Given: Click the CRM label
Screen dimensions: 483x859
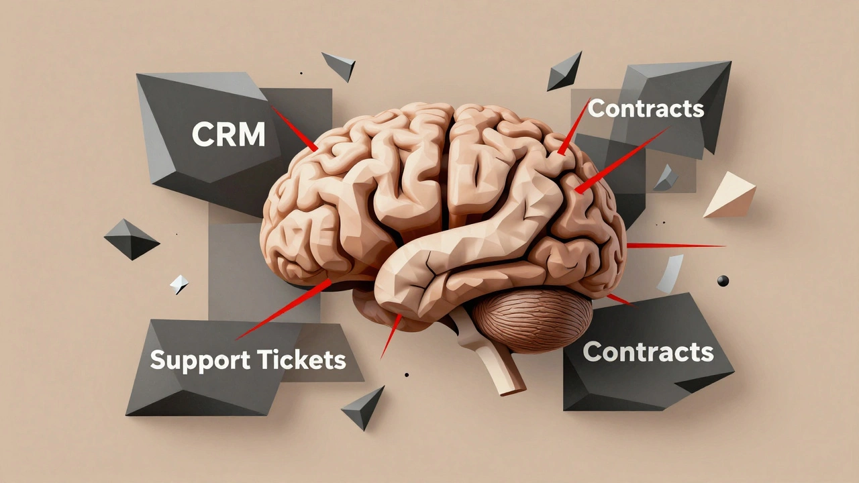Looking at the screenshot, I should [x=229, y=134].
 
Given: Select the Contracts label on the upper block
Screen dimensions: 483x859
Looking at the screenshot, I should [x=646, y=108].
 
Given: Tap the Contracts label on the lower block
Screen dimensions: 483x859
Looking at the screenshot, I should [x=648, y=352].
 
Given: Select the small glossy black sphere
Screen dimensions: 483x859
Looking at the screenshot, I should [x=723, y=280].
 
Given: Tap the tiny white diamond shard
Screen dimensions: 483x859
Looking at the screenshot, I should [x=179, y=284].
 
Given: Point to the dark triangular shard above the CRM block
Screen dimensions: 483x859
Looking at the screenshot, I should [x=340, y=65].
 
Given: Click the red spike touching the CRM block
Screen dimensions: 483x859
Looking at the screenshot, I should [x=295, y=129].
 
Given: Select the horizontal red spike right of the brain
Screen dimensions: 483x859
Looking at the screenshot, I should [x=674, y=246].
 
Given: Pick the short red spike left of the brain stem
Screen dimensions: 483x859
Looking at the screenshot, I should [x=391, y=335].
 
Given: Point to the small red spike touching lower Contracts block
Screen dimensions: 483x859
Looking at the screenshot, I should [x=619, y=299].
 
